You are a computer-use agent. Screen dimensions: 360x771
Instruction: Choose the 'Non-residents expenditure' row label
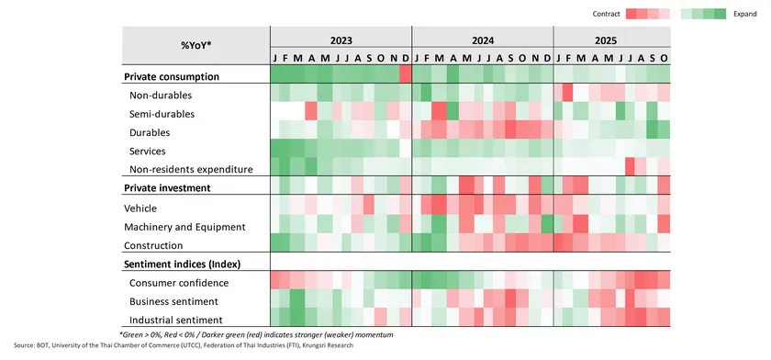point(191,169)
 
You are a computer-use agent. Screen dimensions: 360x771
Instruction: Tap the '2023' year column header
point(341,41)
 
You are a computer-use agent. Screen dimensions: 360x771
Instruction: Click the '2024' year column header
point(482,41)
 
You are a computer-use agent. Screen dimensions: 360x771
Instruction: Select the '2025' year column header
point(611,41)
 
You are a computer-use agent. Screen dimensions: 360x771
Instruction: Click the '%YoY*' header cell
point(196,45)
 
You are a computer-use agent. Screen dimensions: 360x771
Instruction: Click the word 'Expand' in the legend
point(745,14)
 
